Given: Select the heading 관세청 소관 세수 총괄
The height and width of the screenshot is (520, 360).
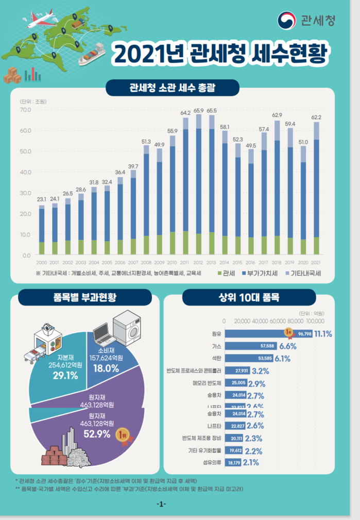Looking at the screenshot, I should pos(172,88).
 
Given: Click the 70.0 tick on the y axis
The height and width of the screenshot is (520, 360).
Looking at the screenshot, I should pos(26,110).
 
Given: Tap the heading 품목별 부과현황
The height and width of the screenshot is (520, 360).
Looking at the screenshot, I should pos(85,297).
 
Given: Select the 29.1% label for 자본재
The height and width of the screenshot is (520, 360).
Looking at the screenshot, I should pos(65,376).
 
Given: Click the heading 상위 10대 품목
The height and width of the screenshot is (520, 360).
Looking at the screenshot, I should pos(249,297).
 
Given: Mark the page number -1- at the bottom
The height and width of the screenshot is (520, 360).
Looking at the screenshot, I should pos(161,504).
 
